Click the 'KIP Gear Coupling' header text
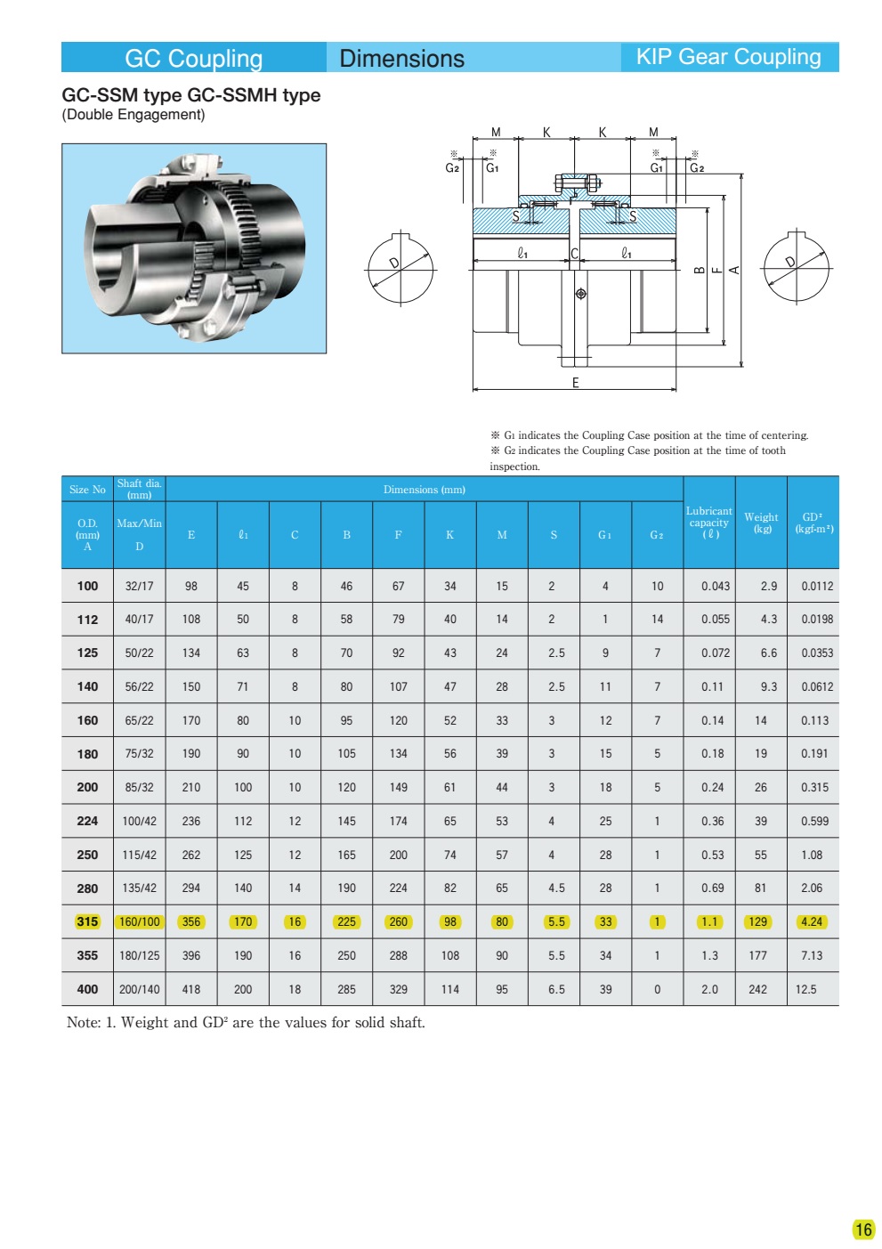point(728,57)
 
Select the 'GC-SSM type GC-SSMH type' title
point(190,95)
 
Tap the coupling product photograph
point(194,248)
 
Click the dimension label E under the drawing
point(576,383)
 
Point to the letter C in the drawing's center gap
point(575,254)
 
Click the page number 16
point(863,1229)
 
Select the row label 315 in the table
point(87,921)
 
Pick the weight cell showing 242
point(757,989)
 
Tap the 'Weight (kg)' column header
point(761,523)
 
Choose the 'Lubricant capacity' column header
point(709,523)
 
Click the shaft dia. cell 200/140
point(140,989)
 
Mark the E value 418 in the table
point(191,989)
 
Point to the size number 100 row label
point(87,586)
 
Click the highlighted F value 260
point(399,921)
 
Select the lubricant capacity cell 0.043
point(715,586)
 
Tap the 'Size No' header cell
point(87,490)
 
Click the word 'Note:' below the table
point(84,1022)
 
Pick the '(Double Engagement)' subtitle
point(134,115)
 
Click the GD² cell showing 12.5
point(805,989)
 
